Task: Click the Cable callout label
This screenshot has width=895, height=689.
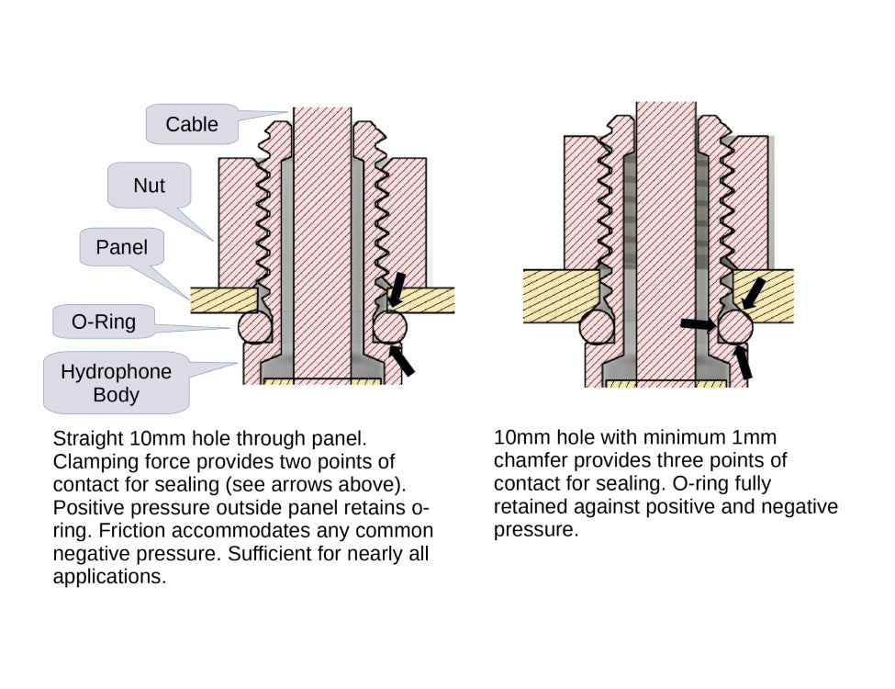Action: (192, 124)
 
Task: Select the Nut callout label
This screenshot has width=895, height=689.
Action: (149, 186)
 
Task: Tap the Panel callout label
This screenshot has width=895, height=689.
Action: (121, 247)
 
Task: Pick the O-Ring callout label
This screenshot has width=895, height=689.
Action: (104, 322)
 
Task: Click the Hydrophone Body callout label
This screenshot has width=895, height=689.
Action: (116, 383)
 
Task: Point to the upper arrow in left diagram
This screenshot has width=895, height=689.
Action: (397, 288)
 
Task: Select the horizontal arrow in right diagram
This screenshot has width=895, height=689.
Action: (699, 323)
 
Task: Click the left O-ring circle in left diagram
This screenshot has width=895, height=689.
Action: (252, 325)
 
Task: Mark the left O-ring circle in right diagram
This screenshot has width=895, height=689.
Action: (598, 326)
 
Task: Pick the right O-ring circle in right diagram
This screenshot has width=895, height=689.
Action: (735, 326)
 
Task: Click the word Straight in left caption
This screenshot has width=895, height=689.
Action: (88, 438)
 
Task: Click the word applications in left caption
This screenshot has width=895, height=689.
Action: (109, 578)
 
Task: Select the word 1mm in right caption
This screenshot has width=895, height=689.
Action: (757, 437)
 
